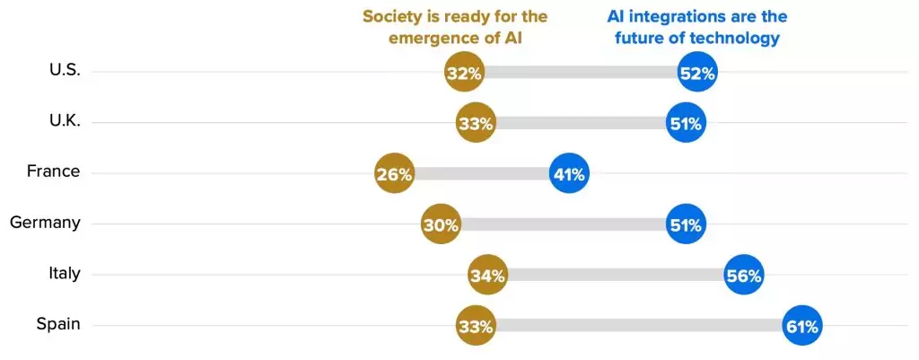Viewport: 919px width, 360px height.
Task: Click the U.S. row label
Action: coord(65,72)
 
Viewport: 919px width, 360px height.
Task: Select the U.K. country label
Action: coord(65,122)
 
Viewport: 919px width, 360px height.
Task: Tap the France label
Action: coord(53,172)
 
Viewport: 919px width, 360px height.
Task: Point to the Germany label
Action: coord(45,223)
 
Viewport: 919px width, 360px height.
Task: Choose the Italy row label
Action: coord(65,274)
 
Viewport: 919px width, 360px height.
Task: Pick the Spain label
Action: coord(58,324)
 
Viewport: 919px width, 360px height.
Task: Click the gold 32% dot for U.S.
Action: coord(464,74)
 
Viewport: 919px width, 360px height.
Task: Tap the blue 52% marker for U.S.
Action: coord(697,74)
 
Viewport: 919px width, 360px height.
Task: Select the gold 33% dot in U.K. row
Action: coord(476,124)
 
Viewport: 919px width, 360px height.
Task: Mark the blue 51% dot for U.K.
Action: coord(686,124)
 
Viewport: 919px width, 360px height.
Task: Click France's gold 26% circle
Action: coord(394,174)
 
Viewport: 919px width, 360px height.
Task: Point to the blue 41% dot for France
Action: coord(569,174)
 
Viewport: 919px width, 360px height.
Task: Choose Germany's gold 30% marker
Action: coord(441,224)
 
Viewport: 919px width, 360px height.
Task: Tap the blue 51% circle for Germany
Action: coord(686,224)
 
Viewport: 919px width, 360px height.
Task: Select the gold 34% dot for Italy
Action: coord(487,276)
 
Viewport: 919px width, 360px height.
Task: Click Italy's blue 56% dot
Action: coord(744,276)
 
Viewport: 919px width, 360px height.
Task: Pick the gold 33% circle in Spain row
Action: coord(476,326)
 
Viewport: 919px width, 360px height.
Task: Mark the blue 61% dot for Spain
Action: coord(801,326)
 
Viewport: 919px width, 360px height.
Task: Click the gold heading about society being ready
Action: coord(455,27)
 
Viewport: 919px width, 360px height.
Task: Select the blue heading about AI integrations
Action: coord(697,27)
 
